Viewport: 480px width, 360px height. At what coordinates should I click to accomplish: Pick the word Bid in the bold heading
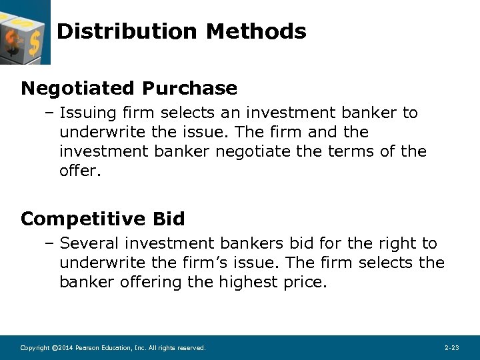tap(169, 219)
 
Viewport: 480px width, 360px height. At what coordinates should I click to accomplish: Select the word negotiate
tap(254, 152)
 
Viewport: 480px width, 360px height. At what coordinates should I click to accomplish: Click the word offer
tap(78, 171)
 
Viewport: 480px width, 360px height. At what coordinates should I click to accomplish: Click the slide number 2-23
tap(451, 348)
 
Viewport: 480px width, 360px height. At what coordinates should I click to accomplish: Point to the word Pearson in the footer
tap(87, 348)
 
